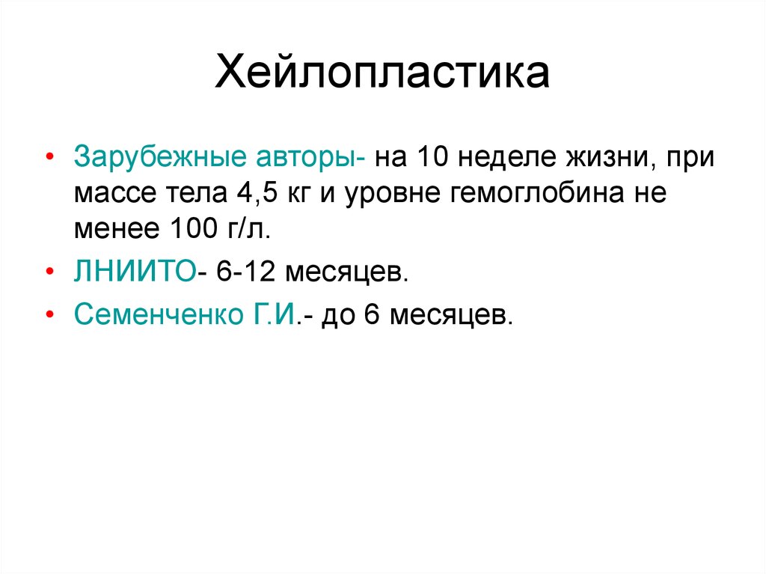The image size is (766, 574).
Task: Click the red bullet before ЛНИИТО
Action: pos(49,271)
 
